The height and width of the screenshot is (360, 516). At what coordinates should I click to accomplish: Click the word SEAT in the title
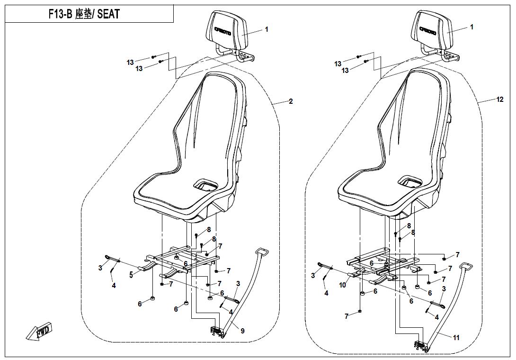[x=108, y=14]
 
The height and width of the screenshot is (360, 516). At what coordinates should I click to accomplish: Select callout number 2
[x=291, y=101]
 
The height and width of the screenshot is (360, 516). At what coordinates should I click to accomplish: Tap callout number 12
[x=500, y=99]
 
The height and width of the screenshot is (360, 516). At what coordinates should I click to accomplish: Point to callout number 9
[x=242, y=331]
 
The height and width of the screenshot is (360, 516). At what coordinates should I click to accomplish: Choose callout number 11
[x=456, y=338]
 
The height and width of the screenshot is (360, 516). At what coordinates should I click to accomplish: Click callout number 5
[x=131, y=275]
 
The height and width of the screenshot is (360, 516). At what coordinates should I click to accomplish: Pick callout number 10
[x=343, y=285]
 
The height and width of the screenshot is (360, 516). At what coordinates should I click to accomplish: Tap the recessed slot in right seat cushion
[x=410, y=181]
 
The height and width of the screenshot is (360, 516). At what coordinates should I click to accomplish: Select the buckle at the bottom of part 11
[x=421, y=346]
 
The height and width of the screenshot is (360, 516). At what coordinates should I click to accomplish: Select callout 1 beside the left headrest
[x=267, y=29]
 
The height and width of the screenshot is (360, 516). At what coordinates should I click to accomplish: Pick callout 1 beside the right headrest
[x=472, y=27]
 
